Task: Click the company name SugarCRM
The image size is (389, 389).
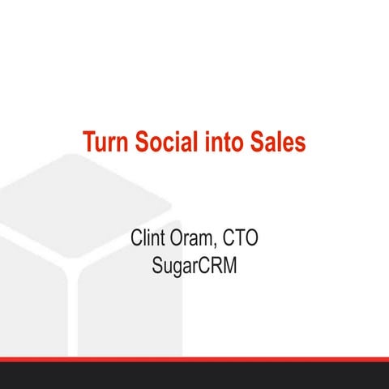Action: pos(194,265)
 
